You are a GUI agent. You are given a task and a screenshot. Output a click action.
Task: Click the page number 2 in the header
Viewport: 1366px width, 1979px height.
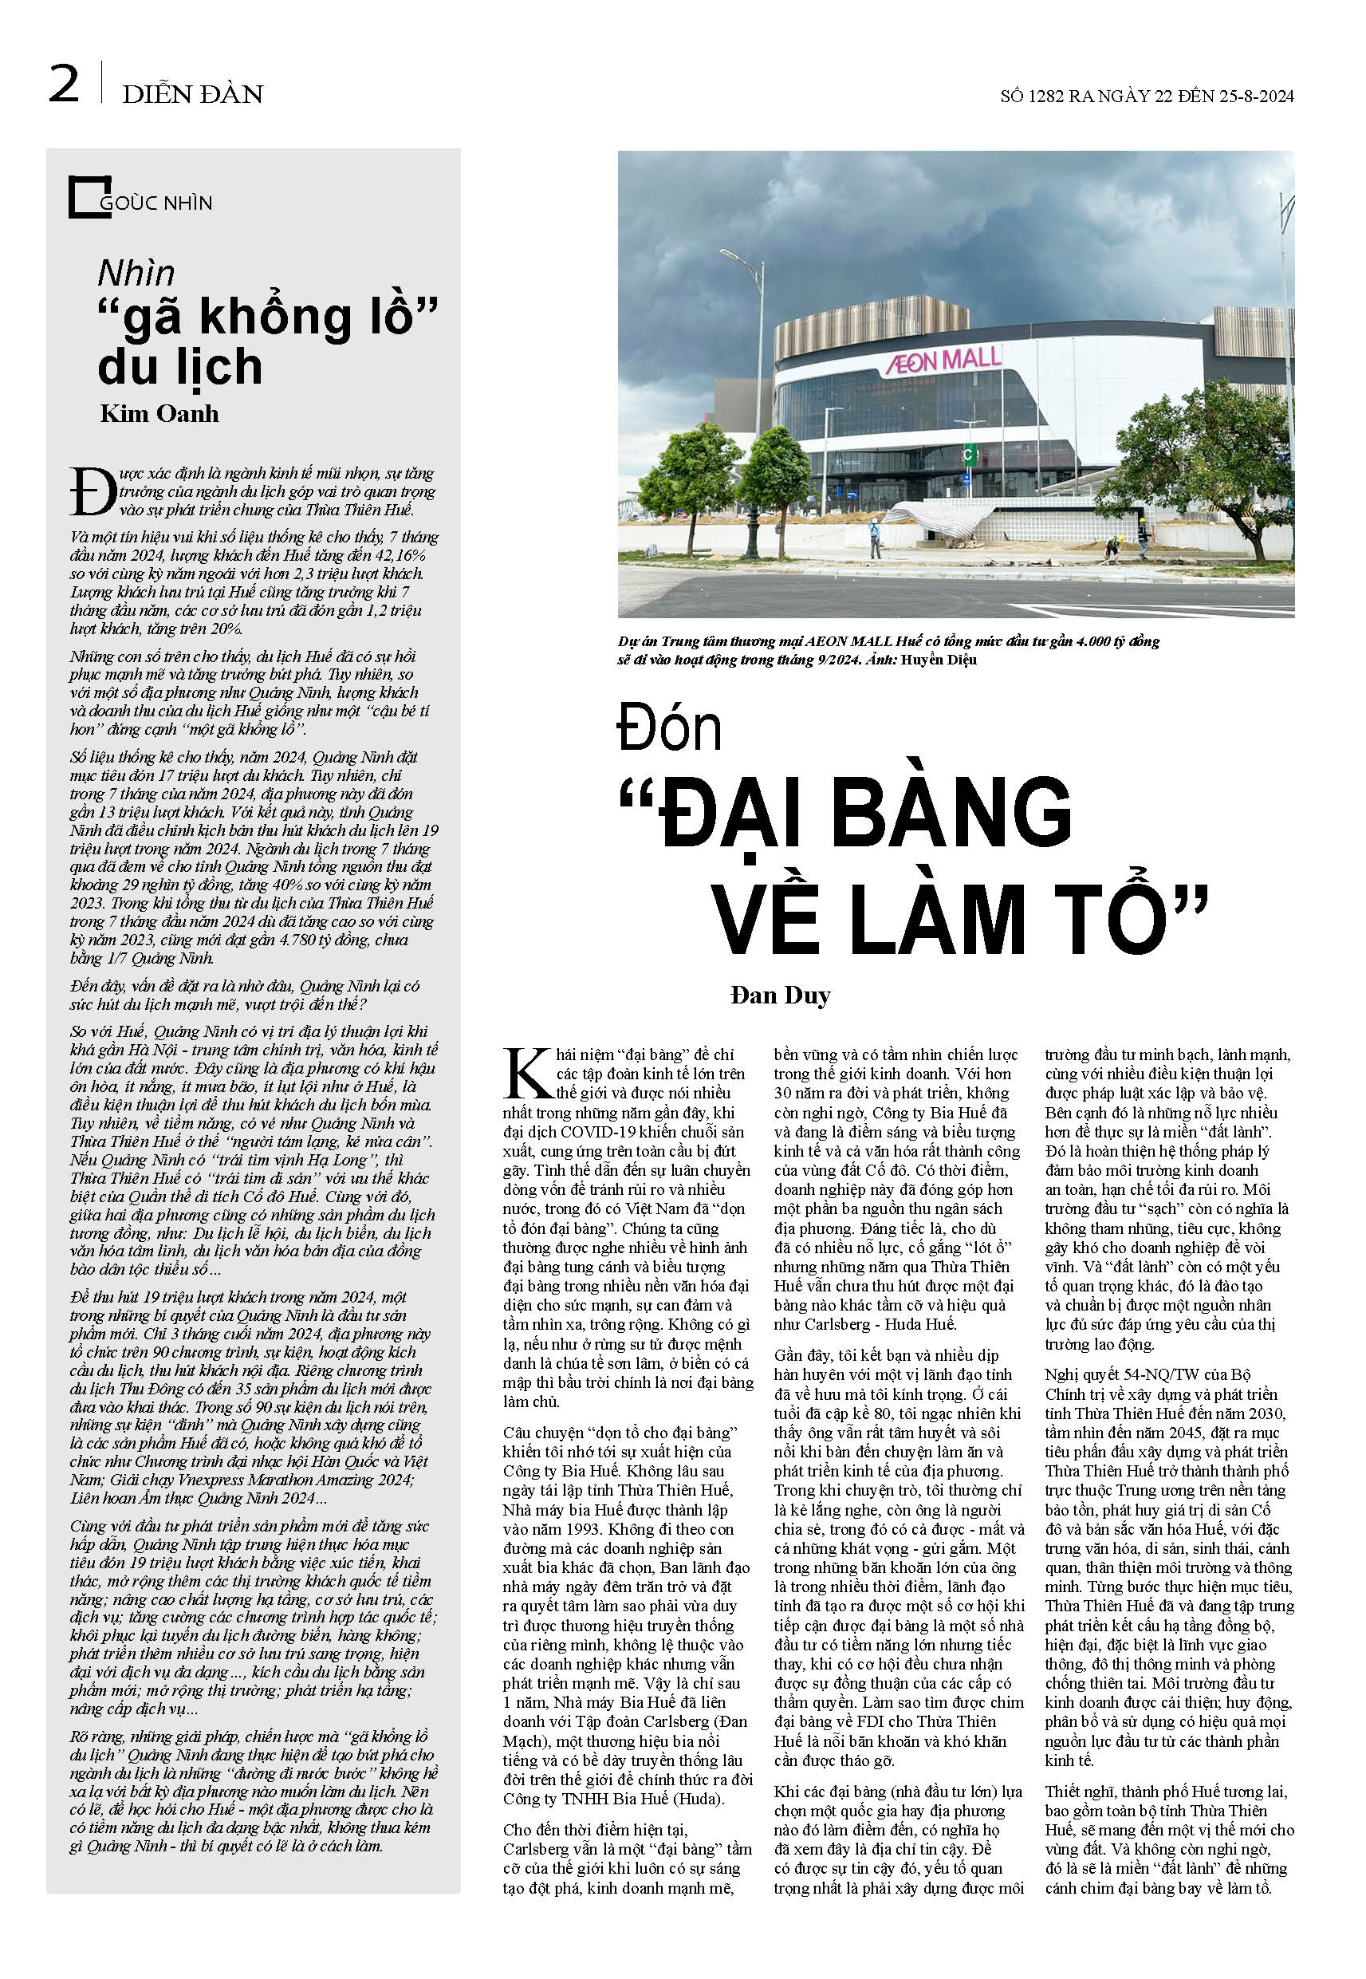point(64,85)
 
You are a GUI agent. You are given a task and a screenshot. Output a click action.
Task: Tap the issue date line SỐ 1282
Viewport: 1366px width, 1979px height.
point(1146,96)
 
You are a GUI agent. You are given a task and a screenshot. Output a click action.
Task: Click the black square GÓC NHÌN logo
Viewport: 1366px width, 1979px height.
point(89,197)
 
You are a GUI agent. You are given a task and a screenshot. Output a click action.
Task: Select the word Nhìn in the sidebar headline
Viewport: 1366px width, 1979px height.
point(136,274)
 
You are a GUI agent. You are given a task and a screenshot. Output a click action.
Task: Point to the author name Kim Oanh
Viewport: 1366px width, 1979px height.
point(159,414)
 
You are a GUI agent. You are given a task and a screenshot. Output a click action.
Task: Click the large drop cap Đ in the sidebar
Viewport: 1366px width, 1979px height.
point(93,493)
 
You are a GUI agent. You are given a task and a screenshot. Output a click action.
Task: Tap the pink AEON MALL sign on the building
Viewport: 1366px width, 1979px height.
point(943,360)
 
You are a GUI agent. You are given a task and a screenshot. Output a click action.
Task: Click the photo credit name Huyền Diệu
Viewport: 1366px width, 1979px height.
point(938,660)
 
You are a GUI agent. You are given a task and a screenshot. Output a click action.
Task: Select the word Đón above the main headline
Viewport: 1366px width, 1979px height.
point(669,728)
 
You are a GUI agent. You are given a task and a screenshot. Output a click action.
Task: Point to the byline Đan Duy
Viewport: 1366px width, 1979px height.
point(780,995)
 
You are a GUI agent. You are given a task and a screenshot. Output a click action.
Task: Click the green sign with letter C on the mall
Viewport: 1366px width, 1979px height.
point(969,455)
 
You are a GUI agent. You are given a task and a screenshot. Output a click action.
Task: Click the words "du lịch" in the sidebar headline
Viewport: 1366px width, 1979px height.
point(179,367)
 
